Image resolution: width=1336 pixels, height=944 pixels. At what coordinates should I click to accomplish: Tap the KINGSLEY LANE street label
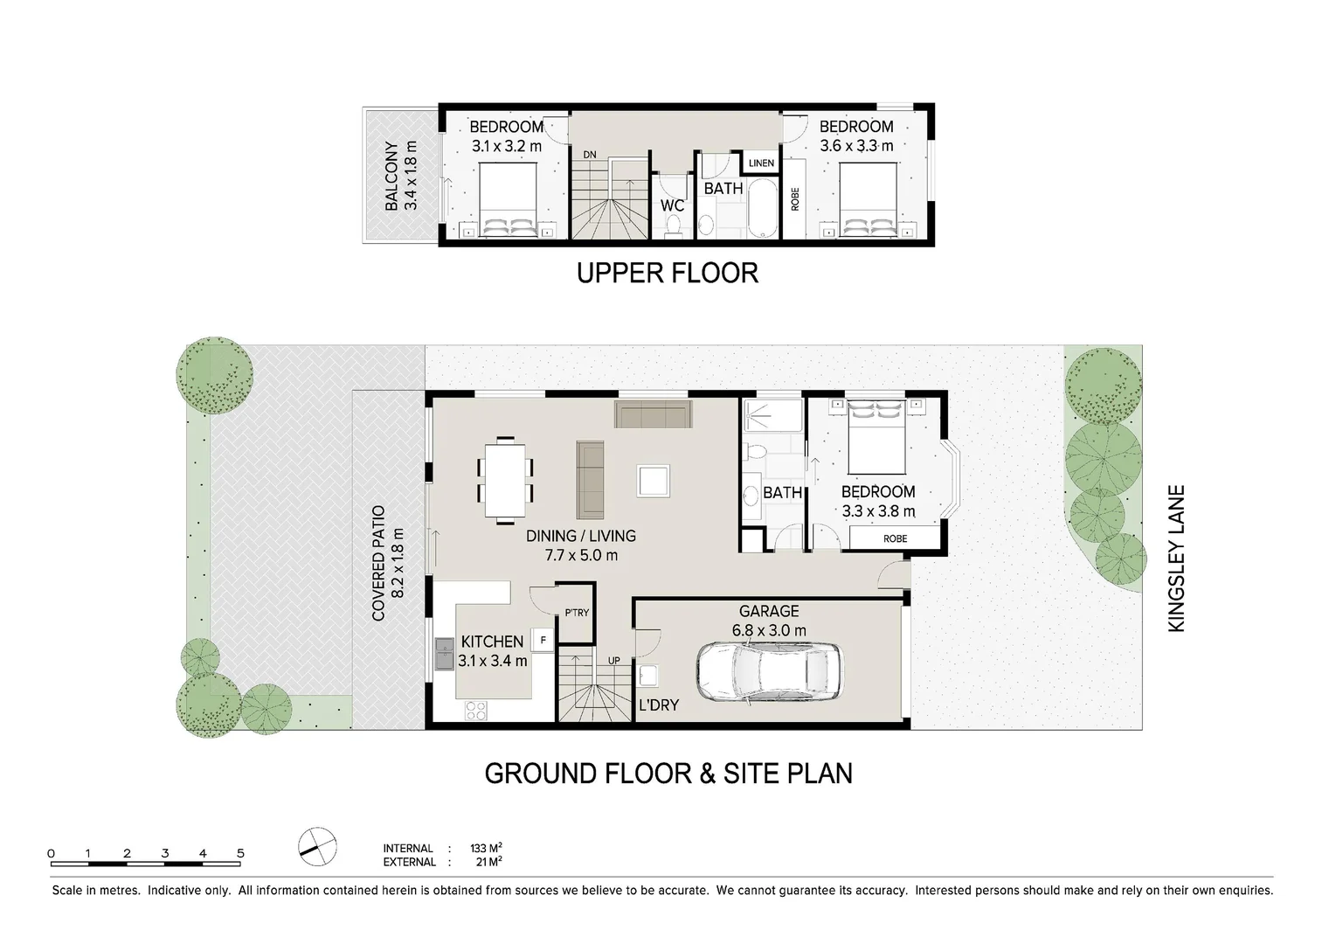[x=1177, y=559]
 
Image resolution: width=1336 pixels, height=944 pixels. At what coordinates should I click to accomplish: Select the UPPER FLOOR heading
[x=668, y=273]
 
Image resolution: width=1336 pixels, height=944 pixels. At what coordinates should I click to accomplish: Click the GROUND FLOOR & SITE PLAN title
[x=668, y=774]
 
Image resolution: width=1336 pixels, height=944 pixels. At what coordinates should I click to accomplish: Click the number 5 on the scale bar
[x=240, y=854]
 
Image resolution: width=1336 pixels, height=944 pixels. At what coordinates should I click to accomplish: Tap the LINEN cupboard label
[x=761, y=163]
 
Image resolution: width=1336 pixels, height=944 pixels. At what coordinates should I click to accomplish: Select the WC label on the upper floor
[x=672, y=205]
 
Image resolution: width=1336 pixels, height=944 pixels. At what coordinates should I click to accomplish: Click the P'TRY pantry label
[x=577, y=613]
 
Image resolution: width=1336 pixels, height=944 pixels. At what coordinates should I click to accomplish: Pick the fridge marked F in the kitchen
[x=543, y=640]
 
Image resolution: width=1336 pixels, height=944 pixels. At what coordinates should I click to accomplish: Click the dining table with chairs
[x=505, y=480]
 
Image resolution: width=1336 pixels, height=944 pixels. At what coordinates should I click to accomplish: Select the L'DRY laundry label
[x=658, y=705]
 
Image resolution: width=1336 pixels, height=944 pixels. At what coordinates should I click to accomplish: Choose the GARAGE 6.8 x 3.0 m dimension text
[x=769, y=630]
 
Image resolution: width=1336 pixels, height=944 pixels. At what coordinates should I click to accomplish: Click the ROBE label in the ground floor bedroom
[x=895, y=538]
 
